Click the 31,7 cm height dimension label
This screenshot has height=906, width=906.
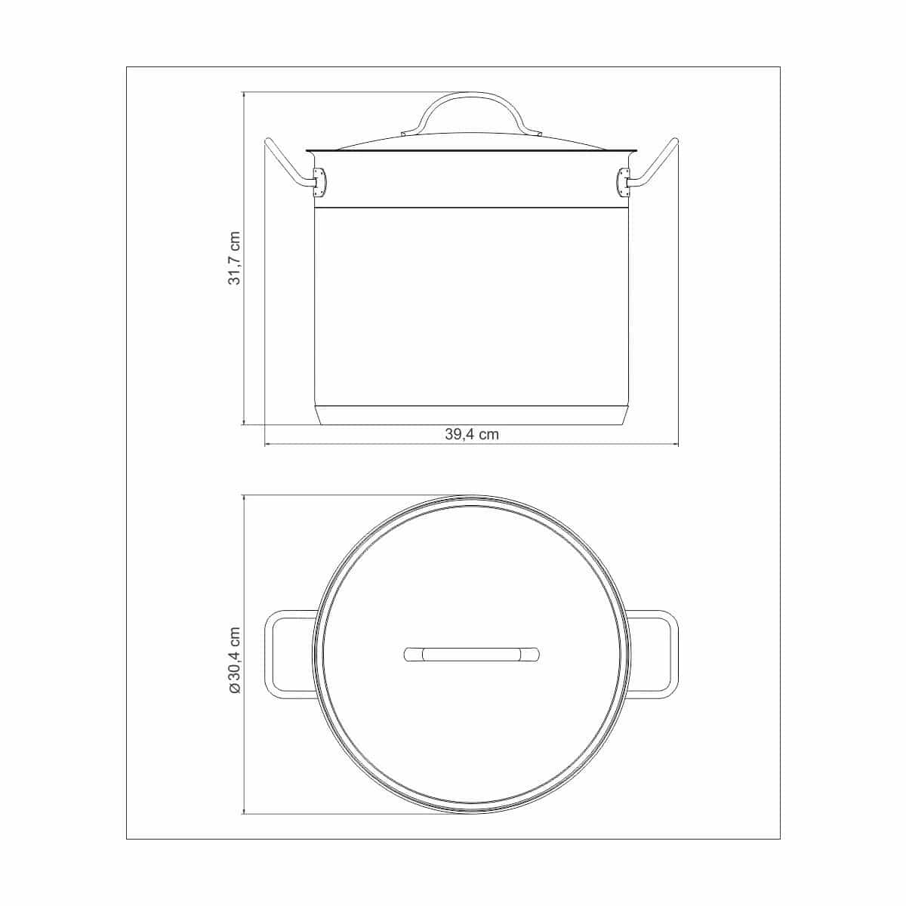pyautogui.click(x=234, y=257)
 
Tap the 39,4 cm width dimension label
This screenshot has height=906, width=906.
pyautogui.click(x=472, y=434)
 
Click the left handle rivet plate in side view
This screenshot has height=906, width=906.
pyautogui.click(x=319, y=183)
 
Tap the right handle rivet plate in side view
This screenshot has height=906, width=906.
pyautogui.click(x=624, y=183)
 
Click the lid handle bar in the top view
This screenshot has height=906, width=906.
pyautogui.click(x=472, y=654)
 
